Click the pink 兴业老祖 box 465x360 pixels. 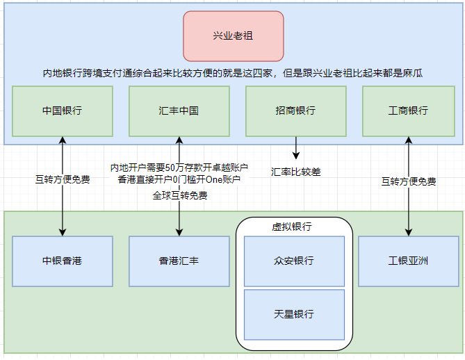click(x=234, y=36)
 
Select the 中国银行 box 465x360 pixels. click(x=63, y=111)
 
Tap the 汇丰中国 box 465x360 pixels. click(x=179, y=111)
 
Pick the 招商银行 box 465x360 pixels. click(x=296, y=111)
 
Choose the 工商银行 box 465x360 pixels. click(x=409, y=111)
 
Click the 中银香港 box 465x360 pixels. click(x=63, y=261)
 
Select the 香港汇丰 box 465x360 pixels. click(x=179, y=261)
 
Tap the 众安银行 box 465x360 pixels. click(x=294, y=261)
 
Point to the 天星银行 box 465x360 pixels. click(x=294, y=315)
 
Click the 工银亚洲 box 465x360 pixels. click(x=409, y=261)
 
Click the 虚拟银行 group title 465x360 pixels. click(x=292, y=227)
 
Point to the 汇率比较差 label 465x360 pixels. click(x=296, y=172)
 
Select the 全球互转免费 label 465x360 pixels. click(x=180, y=195)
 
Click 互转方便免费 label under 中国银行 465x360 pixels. click(x=63, y=179)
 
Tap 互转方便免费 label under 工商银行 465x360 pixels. click(x=409, y=181)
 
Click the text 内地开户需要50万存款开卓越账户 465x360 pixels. click(x=179, y=168)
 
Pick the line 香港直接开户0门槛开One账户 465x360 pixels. click(x=179, y=179)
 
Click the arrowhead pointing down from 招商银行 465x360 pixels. click(x=296, y=156)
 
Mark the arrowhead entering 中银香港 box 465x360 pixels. click(x=63, y=232)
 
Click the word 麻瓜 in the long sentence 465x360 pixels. click(x=413, y=73)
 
